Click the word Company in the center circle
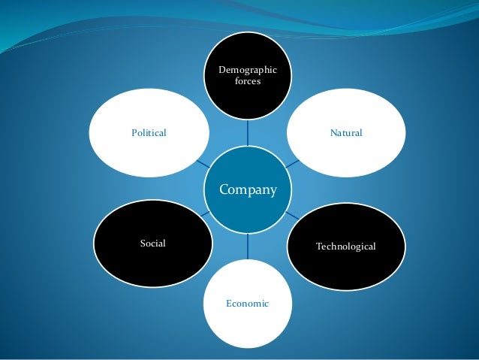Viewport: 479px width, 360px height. [247, 189]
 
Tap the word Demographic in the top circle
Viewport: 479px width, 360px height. [248, 70]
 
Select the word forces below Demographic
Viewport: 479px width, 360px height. [248, 81]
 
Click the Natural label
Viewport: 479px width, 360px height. [345, 133]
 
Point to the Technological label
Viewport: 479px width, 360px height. [345, 247]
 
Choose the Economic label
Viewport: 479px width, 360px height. [247, 304]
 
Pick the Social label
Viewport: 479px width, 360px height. [152, 244]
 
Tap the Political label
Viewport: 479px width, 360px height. [148, 133]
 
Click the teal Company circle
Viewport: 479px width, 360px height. [247, 207]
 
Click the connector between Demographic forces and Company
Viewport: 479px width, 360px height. [248, 134]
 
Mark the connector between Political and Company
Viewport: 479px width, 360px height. [202, 162]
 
